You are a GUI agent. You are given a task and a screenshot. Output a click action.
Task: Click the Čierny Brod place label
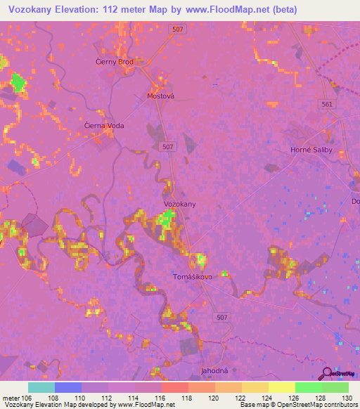tap(114, 62)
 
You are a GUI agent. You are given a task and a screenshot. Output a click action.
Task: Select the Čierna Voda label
tap(104, 126)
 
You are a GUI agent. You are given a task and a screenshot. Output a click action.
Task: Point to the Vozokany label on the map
tap(179, 204)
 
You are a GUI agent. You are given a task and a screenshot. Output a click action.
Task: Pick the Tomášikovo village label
tap(192, 276)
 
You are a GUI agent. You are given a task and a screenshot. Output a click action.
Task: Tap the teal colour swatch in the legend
tap(41, 387)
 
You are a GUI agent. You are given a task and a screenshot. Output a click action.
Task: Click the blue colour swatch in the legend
tap(67, 387)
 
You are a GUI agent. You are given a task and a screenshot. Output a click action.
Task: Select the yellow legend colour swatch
tap(281, 387)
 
